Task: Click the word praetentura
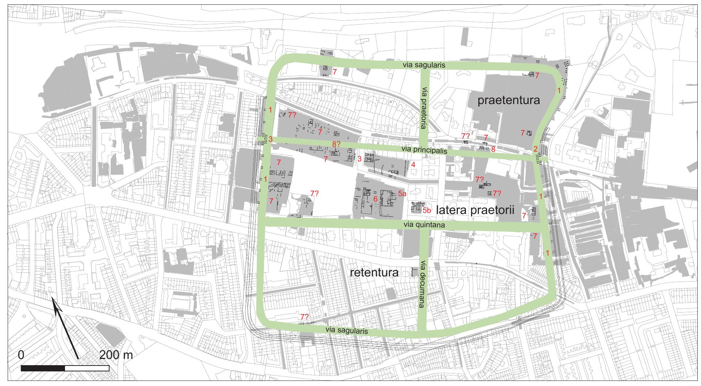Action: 508,100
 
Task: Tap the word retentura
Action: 374,273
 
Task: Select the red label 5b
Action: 428,210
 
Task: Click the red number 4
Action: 413,165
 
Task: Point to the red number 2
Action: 535,149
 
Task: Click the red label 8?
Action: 336,144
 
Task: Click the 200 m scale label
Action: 116,355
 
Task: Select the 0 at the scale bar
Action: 21,355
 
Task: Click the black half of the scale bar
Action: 43,368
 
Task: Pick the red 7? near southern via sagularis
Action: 304,317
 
